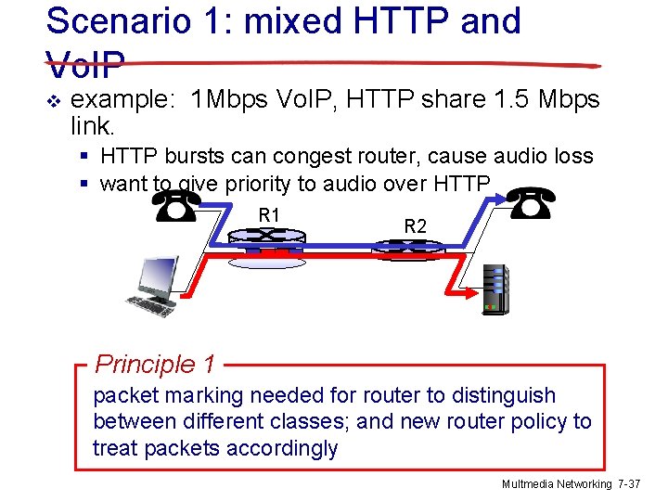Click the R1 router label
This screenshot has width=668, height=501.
click(269, 215)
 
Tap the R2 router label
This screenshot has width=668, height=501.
click(415, 225)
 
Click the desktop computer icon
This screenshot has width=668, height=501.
click(152, 286)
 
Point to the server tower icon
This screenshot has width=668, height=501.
click(495, 289)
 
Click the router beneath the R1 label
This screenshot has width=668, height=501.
click(266, 244)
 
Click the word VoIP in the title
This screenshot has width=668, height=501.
click(84, 65)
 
